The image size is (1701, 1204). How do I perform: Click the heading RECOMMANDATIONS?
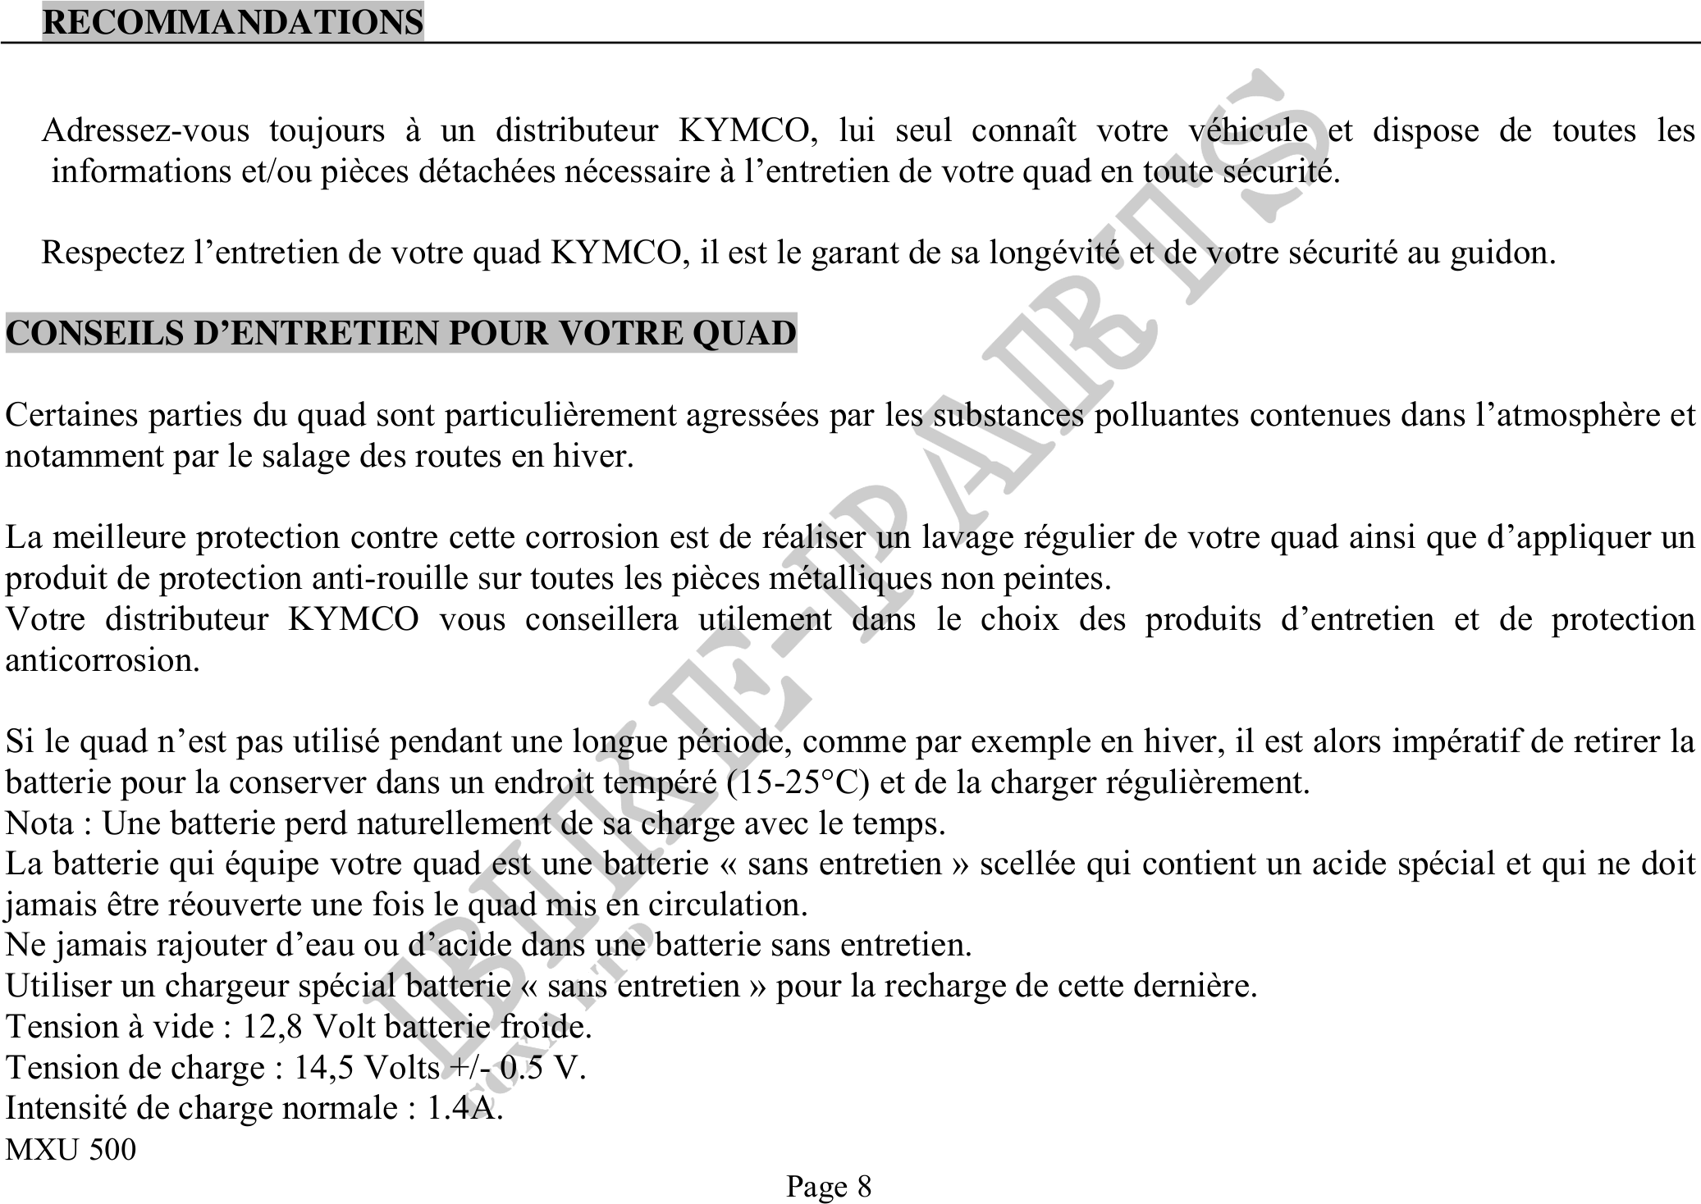(233, 21)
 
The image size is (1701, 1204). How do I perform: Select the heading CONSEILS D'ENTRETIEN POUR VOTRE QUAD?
(401, 333)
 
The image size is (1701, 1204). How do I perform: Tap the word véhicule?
(1247, 130)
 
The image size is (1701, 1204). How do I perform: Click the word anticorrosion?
(102, 660)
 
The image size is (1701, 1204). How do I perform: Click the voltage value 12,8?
(273, 1027)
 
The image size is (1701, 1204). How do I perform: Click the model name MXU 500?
(71, 1149)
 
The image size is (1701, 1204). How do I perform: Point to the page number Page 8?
(829, 1186)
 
